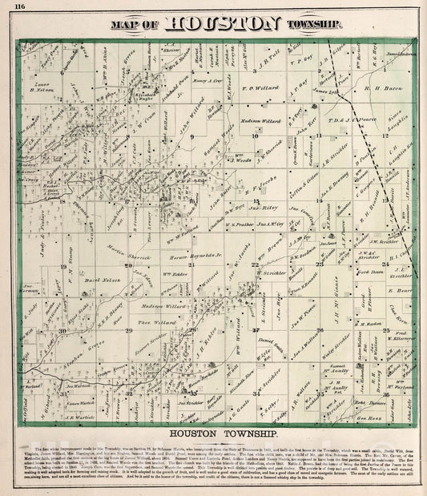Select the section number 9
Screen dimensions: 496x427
192,138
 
